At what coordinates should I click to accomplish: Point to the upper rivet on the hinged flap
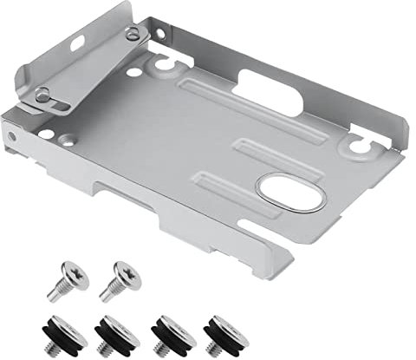[132, 35]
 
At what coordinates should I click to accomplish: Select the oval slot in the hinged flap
[78, 42]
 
